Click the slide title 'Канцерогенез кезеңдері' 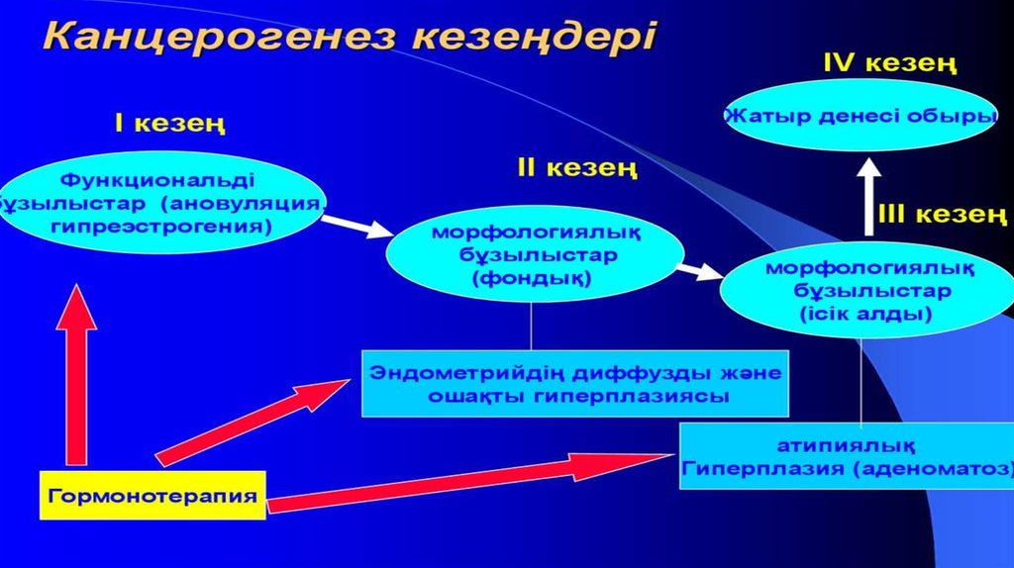coord(350,37)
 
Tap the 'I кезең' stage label coord(169,125)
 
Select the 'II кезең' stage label coord(576,168)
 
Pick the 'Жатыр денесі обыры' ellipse coord(860,116)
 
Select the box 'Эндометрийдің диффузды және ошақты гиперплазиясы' coord(575,384)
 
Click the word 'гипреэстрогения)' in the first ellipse coord(161,226)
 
